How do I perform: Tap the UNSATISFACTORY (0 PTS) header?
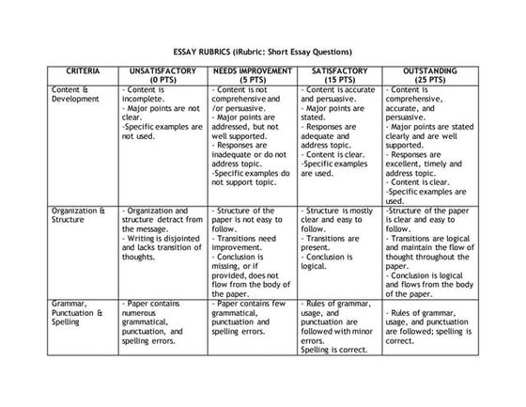[x=162, y=74]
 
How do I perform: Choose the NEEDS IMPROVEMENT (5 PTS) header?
[x=252, y=74]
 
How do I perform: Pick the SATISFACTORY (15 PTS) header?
[x=339, y=74]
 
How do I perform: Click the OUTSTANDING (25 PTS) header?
[x=430, y=74]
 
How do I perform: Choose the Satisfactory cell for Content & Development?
[x=339, y=131]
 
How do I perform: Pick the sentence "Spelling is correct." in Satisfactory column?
[x=333, y=350]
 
